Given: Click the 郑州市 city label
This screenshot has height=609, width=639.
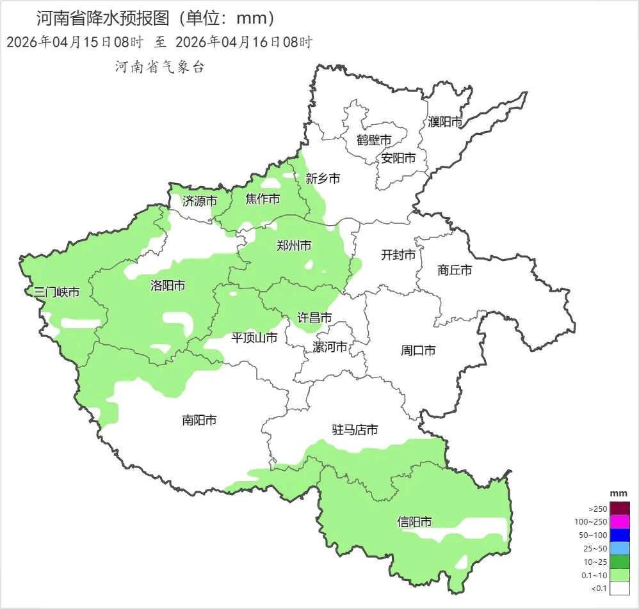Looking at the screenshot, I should pos(294,246).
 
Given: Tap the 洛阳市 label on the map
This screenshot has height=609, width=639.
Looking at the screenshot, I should pos(168,285).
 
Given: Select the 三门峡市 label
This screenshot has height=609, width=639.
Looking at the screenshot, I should pos(57,292).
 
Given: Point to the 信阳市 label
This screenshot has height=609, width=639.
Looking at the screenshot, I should pos(414,522).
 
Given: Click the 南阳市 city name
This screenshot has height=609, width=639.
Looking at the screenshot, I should pos(199,420).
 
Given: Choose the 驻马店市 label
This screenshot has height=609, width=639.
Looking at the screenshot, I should pos(355,430).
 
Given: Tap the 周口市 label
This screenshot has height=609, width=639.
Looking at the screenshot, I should pos(418,351).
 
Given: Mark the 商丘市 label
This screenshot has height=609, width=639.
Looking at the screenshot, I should pos(455,271).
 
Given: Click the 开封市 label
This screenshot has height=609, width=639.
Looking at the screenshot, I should pos(398,255).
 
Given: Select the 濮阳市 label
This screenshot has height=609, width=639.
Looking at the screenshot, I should pos(445,122).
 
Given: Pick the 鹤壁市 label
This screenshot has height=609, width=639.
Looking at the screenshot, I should pos(374,140).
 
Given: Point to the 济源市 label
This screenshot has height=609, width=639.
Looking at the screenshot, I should pos(199,201).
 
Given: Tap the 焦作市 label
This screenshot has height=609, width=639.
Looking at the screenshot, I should pos(263,200).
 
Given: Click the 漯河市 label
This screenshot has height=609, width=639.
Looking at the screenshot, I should pos(330,347).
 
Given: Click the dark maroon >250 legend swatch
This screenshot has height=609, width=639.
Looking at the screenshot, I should pos(620,509).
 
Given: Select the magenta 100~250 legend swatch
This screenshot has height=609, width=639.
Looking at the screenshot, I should pos(620,522).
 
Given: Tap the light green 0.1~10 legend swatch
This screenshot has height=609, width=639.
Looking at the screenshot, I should pos(620,575).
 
